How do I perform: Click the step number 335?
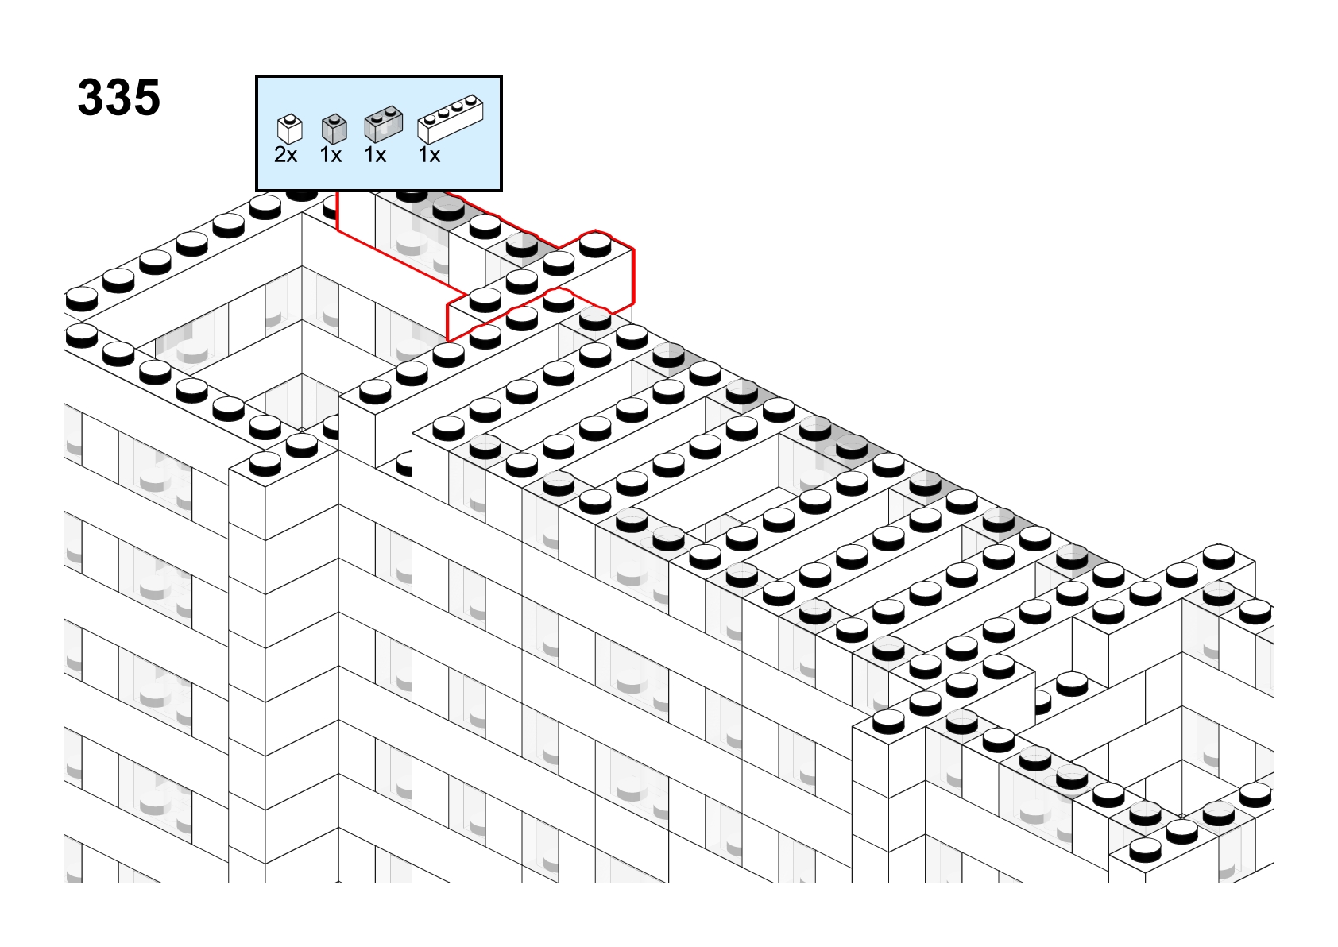point(119,97)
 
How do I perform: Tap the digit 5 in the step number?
point(147,97)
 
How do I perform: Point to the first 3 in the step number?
point(91,97)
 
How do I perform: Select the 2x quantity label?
point(285,155)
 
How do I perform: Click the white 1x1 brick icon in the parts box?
point(290,129)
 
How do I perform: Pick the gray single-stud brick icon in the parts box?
point(334,129)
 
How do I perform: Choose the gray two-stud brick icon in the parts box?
point(384,124)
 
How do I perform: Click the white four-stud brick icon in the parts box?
point(451,119)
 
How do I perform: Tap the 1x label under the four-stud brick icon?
point(429,155)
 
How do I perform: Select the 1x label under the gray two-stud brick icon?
point(375,155)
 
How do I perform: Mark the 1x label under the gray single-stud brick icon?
point(331,155)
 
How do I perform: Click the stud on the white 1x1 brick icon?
point(290,118)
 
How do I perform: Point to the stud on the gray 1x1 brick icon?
point(334,118)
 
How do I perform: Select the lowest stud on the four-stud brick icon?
point(430,119)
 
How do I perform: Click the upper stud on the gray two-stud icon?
point(391,110)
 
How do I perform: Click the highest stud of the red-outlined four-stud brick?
point(595,245)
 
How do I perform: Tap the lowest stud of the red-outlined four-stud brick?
point(485,300)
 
